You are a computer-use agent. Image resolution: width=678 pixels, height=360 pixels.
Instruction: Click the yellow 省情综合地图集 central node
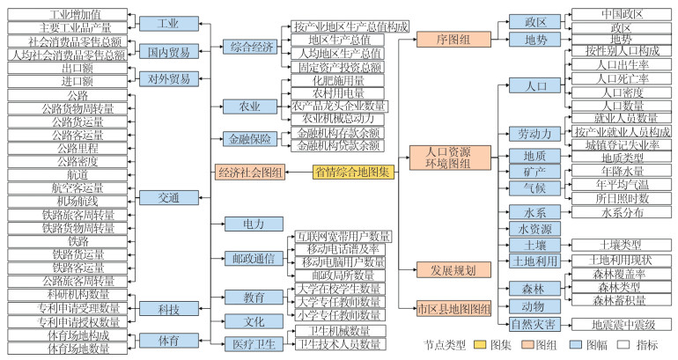pyautogui.click(x=350, y=171)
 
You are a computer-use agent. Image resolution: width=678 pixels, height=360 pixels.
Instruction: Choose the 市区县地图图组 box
pyautogui.click(x=453, y=307)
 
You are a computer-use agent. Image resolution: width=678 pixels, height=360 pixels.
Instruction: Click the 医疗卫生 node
pyautogui.click(x=248, y=342)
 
